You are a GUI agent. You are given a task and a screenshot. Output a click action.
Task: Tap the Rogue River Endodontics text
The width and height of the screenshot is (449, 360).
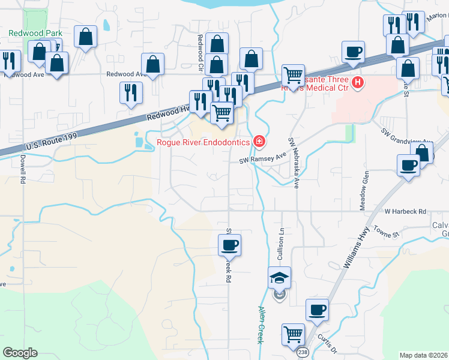[x=203, y=142]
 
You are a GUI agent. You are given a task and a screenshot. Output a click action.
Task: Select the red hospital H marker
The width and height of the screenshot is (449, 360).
[x=358, y=82]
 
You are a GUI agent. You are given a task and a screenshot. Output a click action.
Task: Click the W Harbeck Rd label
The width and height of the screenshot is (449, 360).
[x=405, y=212]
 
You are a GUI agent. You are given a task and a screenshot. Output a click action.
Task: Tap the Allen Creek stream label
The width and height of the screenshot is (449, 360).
[x=261, y=324]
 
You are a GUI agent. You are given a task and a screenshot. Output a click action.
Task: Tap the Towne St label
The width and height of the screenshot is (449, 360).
[x=385, y=230]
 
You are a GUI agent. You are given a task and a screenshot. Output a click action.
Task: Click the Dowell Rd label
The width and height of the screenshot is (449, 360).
[x=23, y=167]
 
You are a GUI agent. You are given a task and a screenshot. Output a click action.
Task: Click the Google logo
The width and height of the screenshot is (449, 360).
[x=20, y=353]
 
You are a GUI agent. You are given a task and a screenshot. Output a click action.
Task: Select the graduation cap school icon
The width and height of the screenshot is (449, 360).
[x=279, y=278]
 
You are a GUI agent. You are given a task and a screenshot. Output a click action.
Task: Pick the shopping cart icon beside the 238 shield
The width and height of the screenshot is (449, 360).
[x=294, y=334]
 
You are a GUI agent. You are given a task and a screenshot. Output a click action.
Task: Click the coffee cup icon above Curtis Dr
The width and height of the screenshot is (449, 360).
[x=317, y=310]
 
